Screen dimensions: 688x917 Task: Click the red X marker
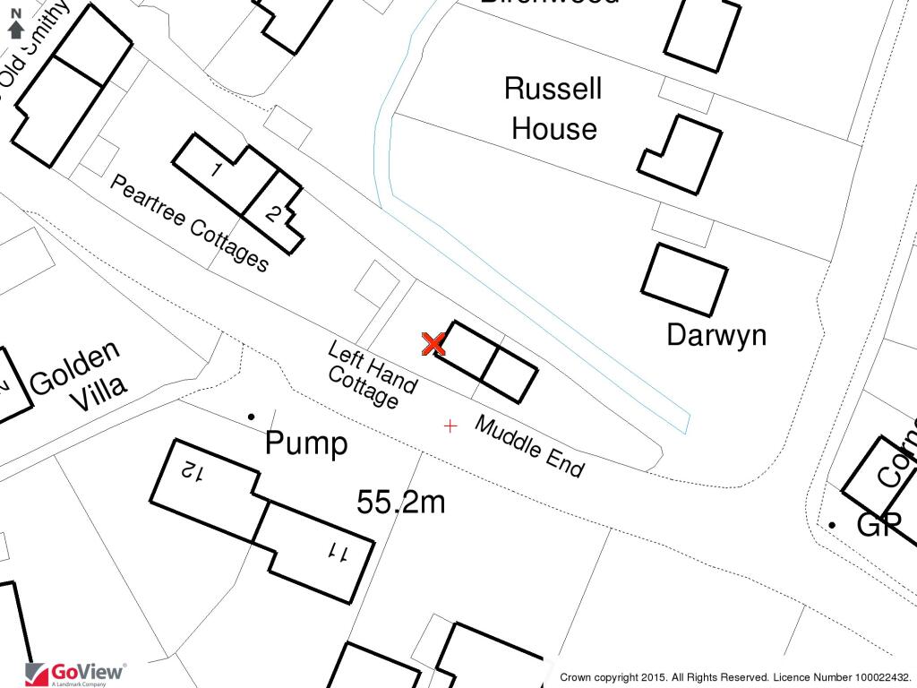tap(434, 343)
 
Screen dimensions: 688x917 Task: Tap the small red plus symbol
tap(450, 426)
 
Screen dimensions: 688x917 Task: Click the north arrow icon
tap(15, 24)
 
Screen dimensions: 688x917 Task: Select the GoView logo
tap(76, 673)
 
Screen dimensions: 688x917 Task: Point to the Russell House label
tap(553, 108)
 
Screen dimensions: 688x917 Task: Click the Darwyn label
tap(716, 335)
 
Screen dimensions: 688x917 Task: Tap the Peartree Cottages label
tap(189, 223)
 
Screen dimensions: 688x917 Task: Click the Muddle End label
tap(529, 446)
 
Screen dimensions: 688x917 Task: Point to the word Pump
tap(306, 443)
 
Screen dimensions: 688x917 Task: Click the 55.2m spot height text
tap(400, 503)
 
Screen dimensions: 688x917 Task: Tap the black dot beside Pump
tap(252, 416)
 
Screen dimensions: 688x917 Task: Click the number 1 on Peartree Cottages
tap(217, 168)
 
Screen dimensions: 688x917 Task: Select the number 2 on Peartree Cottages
tap(274, 213)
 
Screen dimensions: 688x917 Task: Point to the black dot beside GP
tap(832, 523)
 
